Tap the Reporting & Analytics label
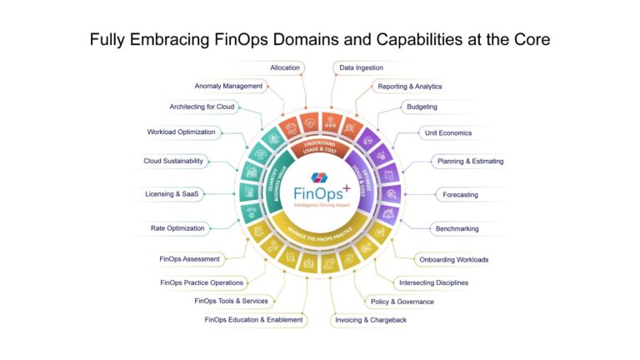point(409,86)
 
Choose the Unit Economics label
point(448,133)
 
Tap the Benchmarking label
point(457,228)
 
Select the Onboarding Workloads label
point(452,259)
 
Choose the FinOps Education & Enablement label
point(254,320)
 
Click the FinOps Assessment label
point(190,258)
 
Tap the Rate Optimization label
point(177,228)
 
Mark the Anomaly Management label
point(228,86)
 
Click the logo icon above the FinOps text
point(320,177)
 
